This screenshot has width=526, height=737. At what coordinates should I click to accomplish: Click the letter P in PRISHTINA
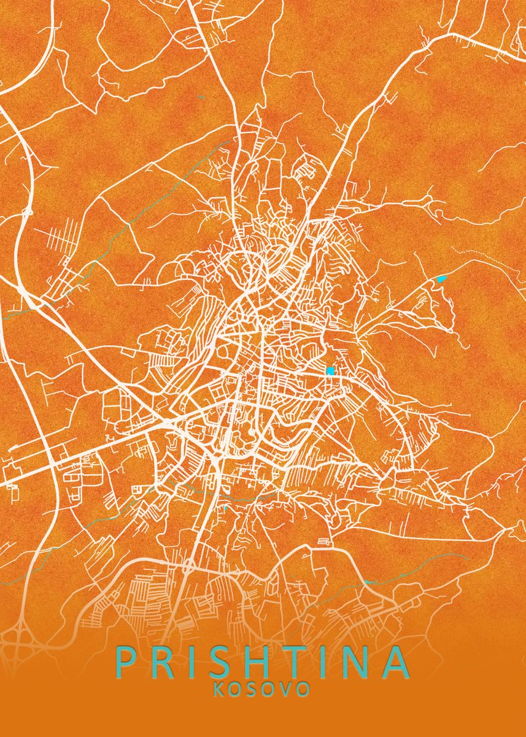pyautogui.click(x=125, y=662)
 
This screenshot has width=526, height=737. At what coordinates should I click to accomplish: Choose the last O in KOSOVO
pyautogui.click(x=303, y=689)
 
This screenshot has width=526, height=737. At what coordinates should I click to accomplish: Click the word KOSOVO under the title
pyautogui.click(x=261, y=689)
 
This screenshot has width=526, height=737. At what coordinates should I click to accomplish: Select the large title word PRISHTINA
pyautogui.click(x=262, y=662)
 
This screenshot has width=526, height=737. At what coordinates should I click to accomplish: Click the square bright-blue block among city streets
pyautogui.click(x=330, y=371)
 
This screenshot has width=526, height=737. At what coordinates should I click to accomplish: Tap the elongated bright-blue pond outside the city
pyautogui.click(x=441, y=279)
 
